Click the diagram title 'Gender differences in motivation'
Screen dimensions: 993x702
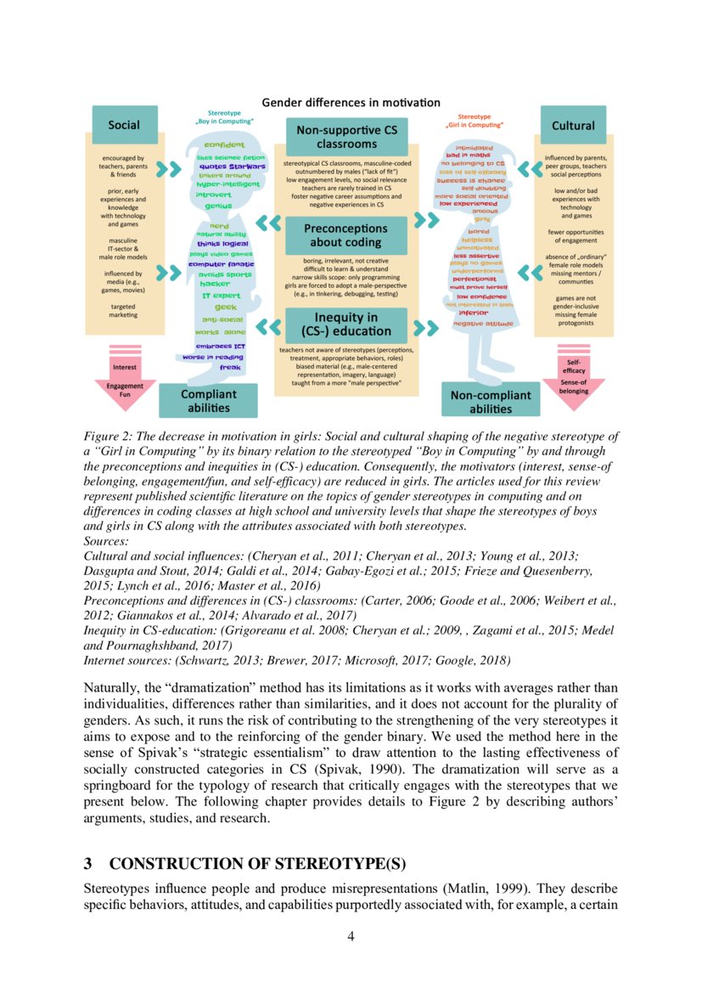[x=351, y=103]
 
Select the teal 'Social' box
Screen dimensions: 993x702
[x=124, y=126]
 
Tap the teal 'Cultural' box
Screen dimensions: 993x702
[x=573, y=126]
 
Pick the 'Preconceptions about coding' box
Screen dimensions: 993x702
[x=345, y=234]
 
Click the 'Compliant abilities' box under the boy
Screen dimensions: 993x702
[x=209, y=401]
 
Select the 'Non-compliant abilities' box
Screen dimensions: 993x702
[x=491, y=401]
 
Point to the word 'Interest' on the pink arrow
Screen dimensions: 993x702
[x=125, y=367]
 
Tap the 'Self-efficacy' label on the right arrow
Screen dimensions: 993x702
[x=575, y=366]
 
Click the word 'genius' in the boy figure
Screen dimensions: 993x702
[x=218, y=206]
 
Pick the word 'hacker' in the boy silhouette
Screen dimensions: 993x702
[x=215, y=284]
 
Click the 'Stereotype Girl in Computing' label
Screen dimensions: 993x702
[x=475, y=121]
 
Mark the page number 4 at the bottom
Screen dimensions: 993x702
[x=351, y=936]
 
